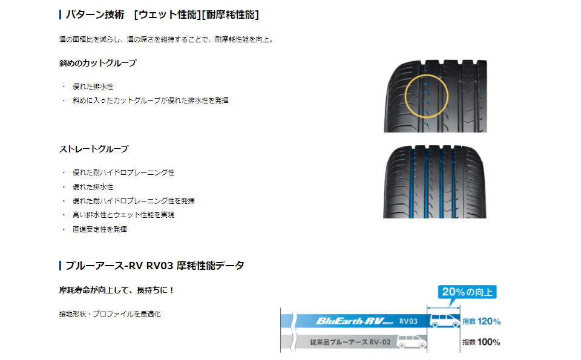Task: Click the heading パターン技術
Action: point(95,15)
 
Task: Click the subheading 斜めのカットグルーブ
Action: point(98,63)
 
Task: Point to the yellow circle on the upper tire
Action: point(405,96)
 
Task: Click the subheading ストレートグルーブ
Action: point(94,149)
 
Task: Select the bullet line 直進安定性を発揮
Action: point(100,229)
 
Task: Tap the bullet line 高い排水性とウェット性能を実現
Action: point(123,215)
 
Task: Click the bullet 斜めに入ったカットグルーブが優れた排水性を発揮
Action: point(151,100)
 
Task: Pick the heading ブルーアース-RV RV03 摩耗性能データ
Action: point(155,266)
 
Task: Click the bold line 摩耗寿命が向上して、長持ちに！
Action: point(116,290)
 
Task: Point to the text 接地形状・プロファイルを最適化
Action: point(110,314)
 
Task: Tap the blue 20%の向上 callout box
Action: point(467,292)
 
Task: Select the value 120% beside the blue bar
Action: point(489,321)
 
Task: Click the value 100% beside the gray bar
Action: point(489,342)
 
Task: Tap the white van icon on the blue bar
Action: point(444,321)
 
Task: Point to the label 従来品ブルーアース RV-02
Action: point(350,342)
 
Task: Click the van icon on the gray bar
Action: point(412,341)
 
